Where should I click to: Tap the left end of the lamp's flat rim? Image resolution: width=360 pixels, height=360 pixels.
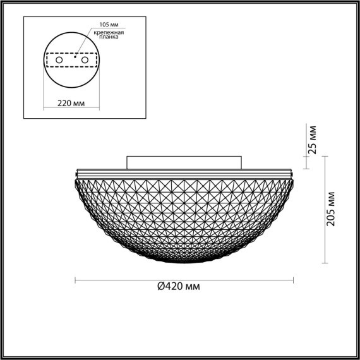coord(77,172)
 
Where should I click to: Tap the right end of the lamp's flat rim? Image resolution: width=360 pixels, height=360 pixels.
coord(293,172)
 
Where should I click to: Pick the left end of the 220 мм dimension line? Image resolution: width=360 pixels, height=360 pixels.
coord(45,107)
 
